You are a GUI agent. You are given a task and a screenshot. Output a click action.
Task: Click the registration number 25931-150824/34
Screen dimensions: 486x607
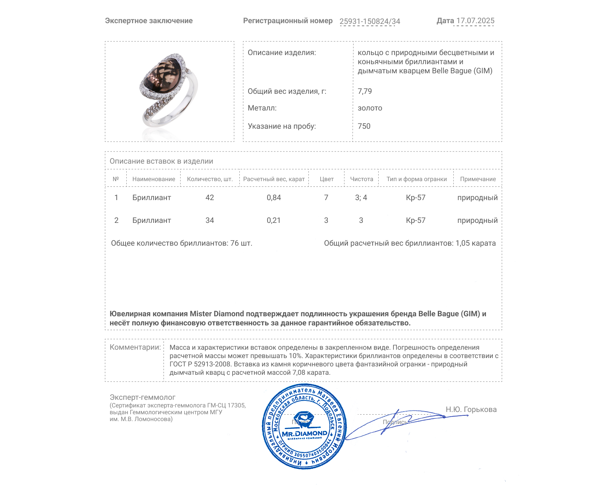370,21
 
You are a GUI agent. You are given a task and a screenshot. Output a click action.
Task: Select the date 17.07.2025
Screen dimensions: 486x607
475,21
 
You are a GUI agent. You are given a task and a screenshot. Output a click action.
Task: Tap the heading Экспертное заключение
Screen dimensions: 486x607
149,21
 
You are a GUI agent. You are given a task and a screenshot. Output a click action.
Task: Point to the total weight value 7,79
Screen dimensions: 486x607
365,91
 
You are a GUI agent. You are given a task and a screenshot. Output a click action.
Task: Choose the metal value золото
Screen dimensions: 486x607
370,108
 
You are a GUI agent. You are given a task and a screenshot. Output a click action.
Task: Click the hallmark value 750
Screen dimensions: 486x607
364,126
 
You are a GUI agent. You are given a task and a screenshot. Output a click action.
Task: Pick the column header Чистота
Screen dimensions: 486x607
362,179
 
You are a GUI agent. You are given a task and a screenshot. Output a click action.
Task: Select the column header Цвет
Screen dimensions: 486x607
327,179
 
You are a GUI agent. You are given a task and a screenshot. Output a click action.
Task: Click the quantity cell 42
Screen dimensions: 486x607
209,197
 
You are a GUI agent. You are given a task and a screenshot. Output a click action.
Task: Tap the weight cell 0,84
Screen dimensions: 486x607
274,197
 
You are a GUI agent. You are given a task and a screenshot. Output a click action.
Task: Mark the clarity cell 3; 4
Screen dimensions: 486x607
361,197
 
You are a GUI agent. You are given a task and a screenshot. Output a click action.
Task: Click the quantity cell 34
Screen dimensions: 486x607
209,220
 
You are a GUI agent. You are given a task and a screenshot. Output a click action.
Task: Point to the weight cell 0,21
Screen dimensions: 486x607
274,220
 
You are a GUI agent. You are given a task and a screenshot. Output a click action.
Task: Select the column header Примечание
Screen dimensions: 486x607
478,179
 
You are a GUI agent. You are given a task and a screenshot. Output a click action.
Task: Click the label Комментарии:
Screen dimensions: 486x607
135,347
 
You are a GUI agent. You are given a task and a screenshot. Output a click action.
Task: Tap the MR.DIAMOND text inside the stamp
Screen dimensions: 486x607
304,433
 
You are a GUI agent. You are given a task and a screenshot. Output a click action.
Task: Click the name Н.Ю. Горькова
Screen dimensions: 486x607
471,409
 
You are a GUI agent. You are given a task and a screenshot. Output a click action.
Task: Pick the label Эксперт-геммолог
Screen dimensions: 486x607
142,397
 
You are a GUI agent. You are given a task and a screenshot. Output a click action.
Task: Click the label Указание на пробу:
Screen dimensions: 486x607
281,126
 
